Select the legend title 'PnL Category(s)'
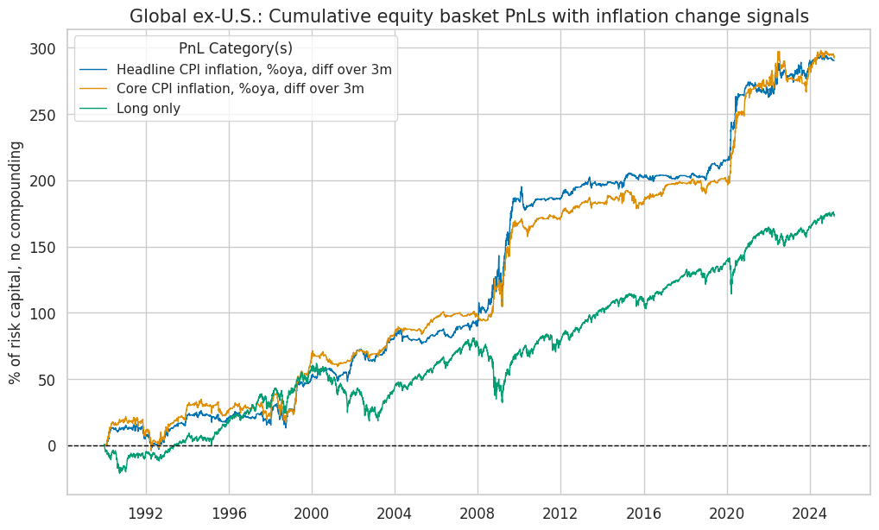(235, 47)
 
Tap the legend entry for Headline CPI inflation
(254, 69)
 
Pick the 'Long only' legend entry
(148, 109)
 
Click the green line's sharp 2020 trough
(731, 293)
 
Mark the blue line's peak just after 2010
(521, 187)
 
